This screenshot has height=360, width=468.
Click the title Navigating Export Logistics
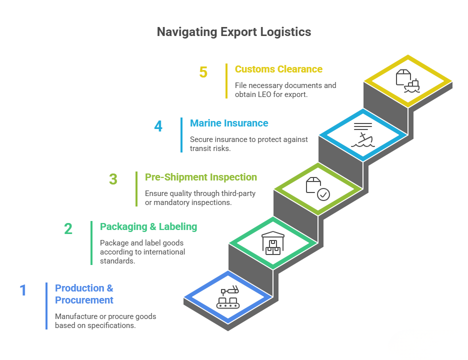[234, 32]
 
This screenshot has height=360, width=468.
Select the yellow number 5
[203, 72]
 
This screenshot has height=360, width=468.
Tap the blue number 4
[158, 126]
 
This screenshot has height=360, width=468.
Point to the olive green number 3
[113, 180]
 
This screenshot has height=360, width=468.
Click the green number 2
[68, 229]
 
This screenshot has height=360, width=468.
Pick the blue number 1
[23, 290]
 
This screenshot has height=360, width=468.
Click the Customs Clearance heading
[278, 69]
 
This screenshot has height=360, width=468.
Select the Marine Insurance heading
[229, 123]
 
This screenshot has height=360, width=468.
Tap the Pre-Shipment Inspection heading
[200, 177]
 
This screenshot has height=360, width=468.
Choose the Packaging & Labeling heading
[148, 226]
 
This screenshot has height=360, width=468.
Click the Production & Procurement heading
[84, 294]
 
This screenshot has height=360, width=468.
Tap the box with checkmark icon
[317, 189]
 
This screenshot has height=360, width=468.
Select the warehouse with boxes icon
[273, 243]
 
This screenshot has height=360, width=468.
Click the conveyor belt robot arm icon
[227, 297]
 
